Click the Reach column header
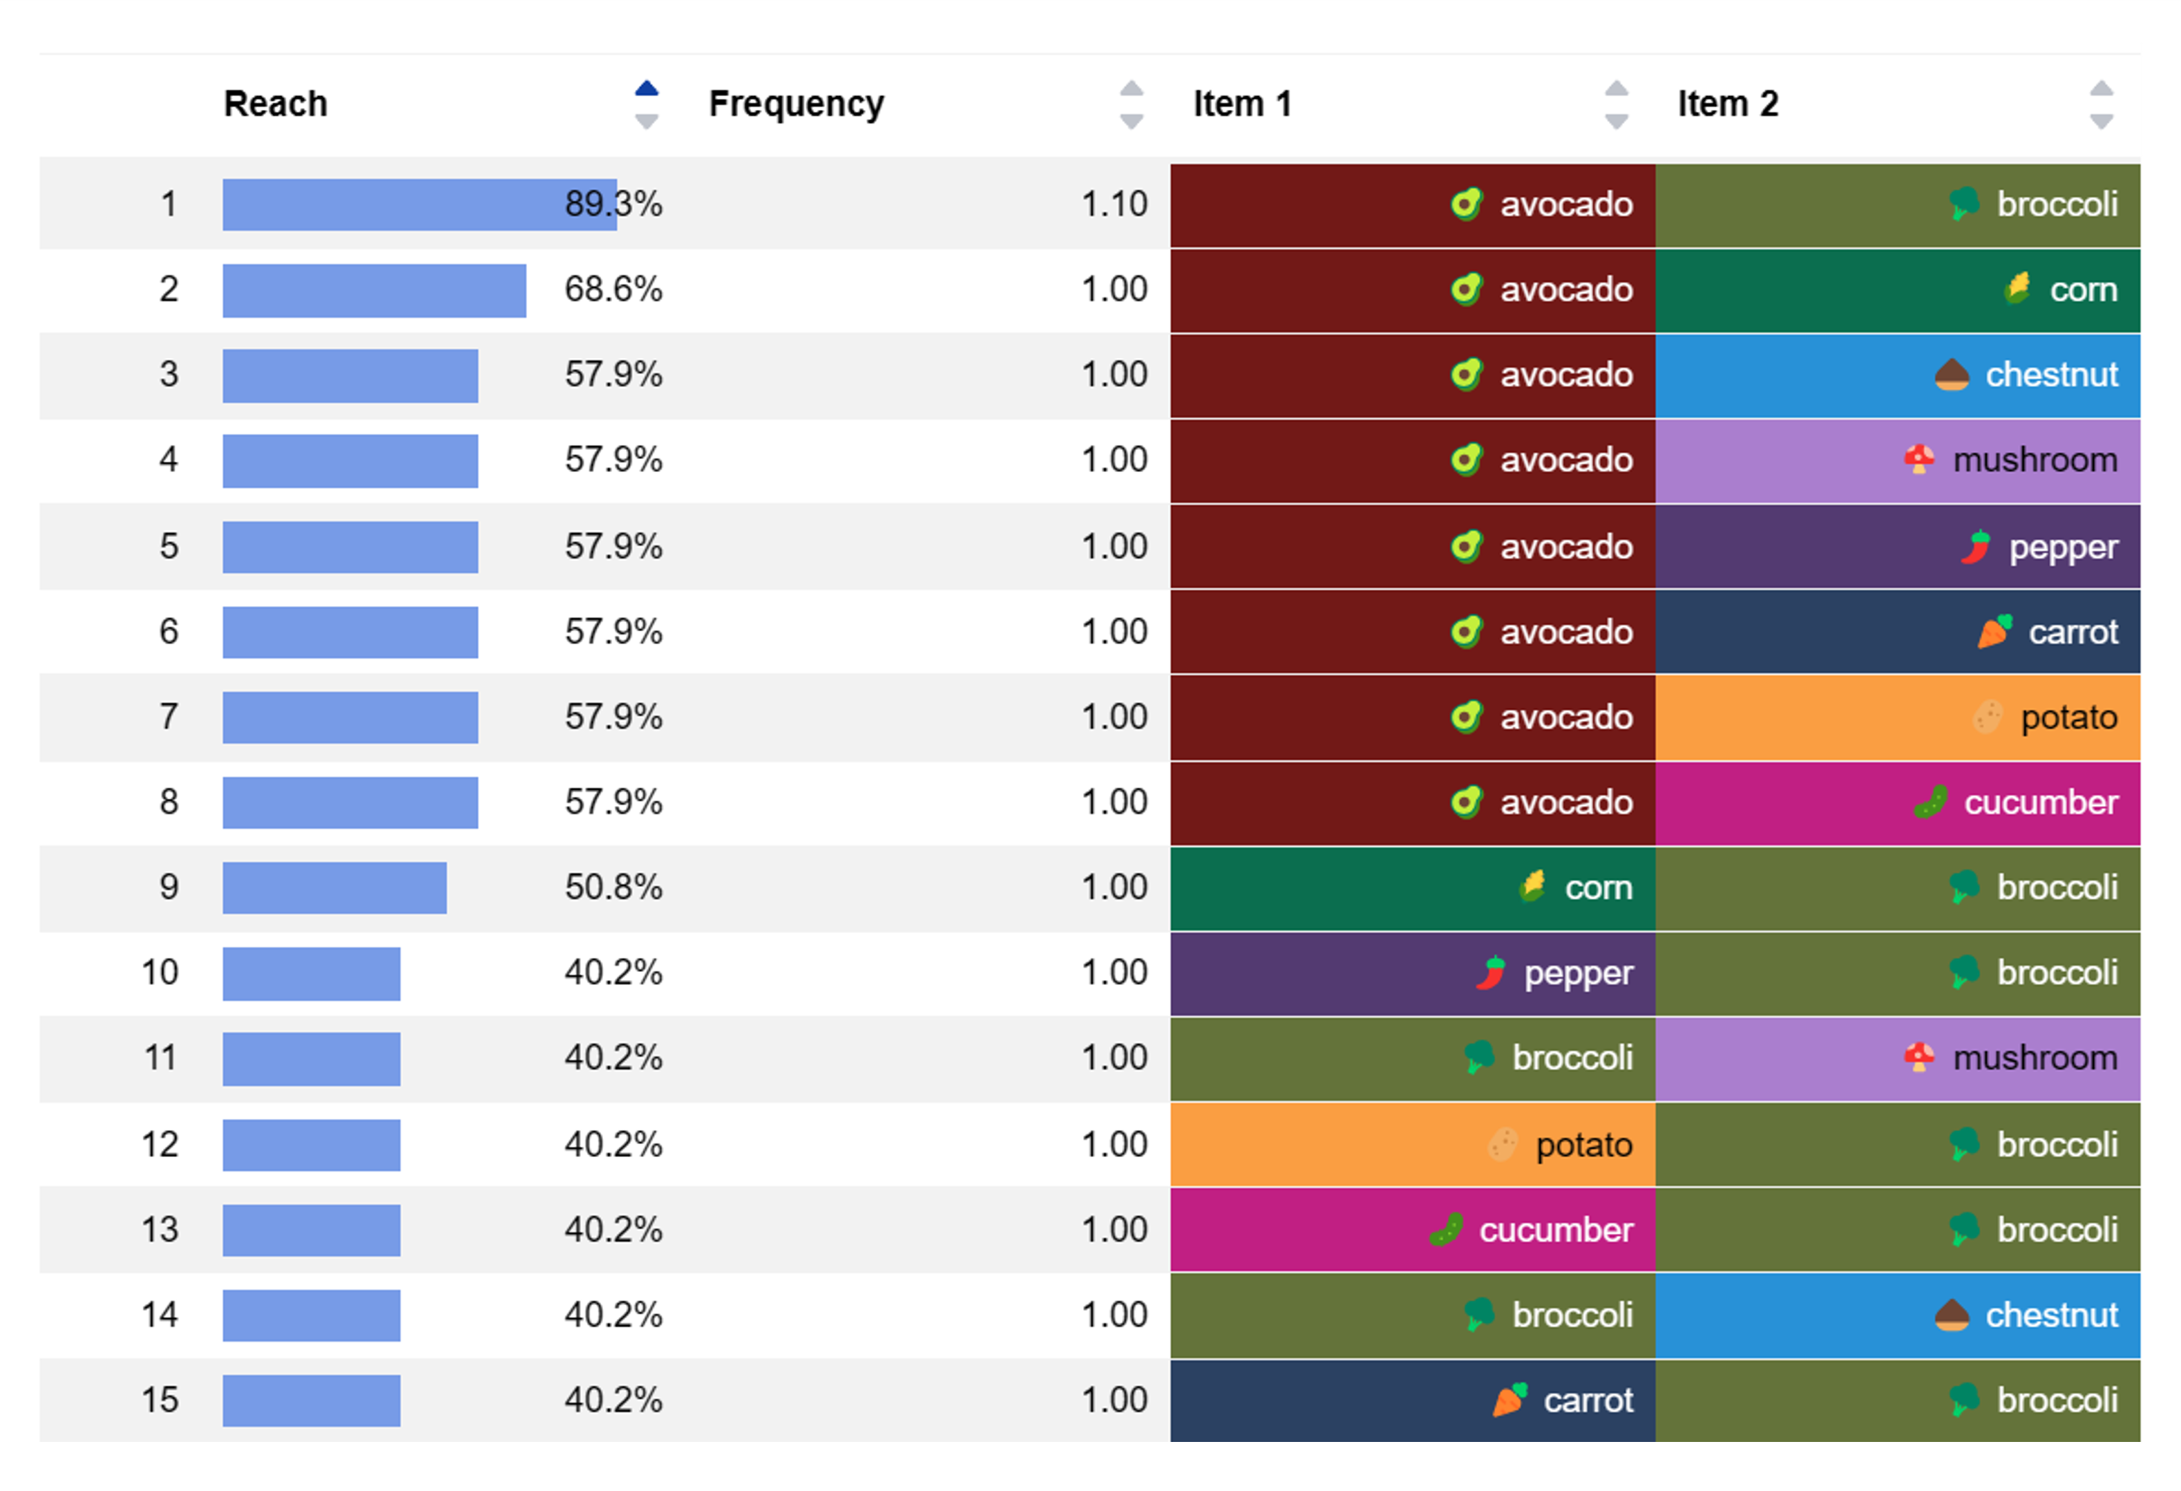[276, 103]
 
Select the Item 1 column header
[1243, 103]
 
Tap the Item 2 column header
[1728, 103]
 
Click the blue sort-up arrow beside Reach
[647, 88]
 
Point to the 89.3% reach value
[613, 204]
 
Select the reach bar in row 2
[374, 290]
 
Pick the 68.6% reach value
[613, 289]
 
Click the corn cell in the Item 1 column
[1412, 888]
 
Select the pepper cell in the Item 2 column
[1898, 547]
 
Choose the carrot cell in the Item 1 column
[1412, 1400]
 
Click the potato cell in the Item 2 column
[1898, 718]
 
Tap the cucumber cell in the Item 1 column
[1412, 1229]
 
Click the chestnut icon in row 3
[1951, 375]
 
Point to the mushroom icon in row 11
[1918, 1057]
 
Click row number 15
[160, 1399]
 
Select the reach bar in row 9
[334, 888]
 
